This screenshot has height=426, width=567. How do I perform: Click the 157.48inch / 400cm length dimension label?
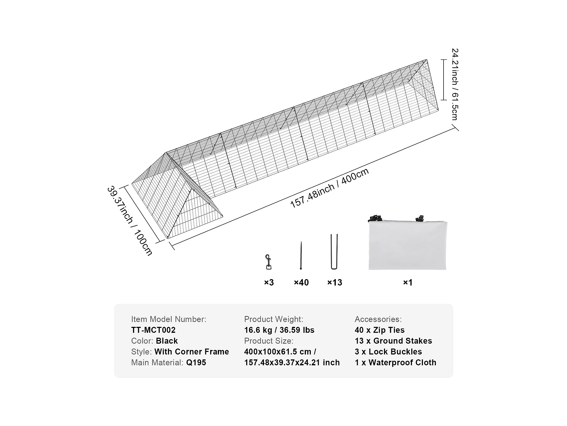[x=329, y=188]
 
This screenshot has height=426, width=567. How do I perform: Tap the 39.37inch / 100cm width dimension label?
[x=130, y=221]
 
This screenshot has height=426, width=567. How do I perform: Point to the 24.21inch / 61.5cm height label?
[x=455, y=84]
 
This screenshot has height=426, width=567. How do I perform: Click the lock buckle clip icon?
[x=268, y=262]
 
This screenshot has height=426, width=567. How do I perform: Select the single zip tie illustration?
[x=301, y=255]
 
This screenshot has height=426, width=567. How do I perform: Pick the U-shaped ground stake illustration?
[x=334, y=252]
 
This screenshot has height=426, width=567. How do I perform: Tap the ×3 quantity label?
[x=269, y=282]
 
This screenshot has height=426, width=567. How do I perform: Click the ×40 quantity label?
[x=301, y=282]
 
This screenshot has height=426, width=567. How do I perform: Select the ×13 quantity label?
[x=335, y=282]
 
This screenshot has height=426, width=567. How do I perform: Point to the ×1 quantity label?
[x=408, y=282]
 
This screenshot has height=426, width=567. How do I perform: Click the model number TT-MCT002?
[x=153, y=330]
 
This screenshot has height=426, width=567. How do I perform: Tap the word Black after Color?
[x=167, y=341]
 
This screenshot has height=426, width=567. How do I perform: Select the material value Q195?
[x=196, y=362]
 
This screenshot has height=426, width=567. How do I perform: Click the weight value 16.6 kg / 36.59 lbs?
[x=279, y=330]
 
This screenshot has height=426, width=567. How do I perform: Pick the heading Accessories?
[x=378, y=319]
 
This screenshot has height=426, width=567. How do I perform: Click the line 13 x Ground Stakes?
[x=393, y=341]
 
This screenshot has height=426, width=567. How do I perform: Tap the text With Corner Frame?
[x=192, y=352]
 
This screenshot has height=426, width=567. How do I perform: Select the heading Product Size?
[x=269, y=341]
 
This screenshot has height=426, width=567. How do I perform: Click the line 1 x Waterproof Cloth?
[x=396, y=362]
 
